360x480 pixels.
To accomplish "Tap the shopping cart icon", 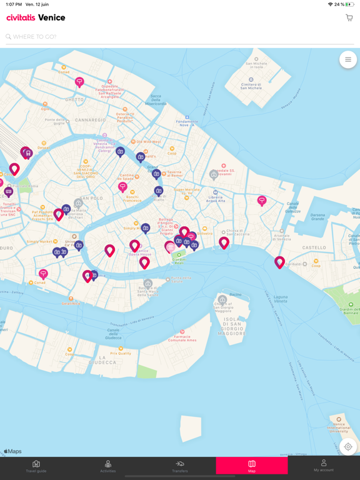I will (x=349, y=18).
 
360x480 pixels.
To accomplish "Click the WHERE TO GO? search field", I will (x=175, y=37).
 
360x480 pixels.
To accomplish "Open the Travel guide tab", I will (x=36, y=466).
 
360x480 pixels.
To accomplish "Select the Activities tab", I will (x=108, y=466).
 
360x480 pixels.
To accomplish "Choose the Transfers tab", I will (x=180, y=466).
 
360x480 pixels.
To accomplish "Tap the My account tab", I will (x=324, y=466).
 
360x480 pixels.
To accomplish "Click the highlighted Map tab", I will (x=252, y=466).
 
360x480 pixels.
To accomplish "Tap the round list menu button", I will (x=348, y=60).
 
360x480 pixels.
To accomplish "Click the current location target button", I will (x=348, y=447).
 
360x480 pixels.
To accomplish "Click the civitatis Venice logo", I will (x=36, y=18).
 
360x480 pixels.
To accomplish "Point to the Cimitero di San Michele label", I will (x=251, y=84).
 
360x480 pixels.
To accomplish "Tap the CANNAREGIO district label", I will (x=91, y=120).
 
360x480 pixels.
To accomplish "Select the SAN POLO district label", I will (x=91, y=198).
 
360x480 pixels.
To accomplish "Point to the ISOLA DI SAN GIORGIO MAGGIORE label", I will (x=236, y=326).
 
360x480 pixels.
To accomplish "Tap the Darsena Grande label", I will (x=317, y=217).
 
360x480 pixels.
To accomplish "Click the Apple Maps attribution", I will (x=12, y=451).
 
